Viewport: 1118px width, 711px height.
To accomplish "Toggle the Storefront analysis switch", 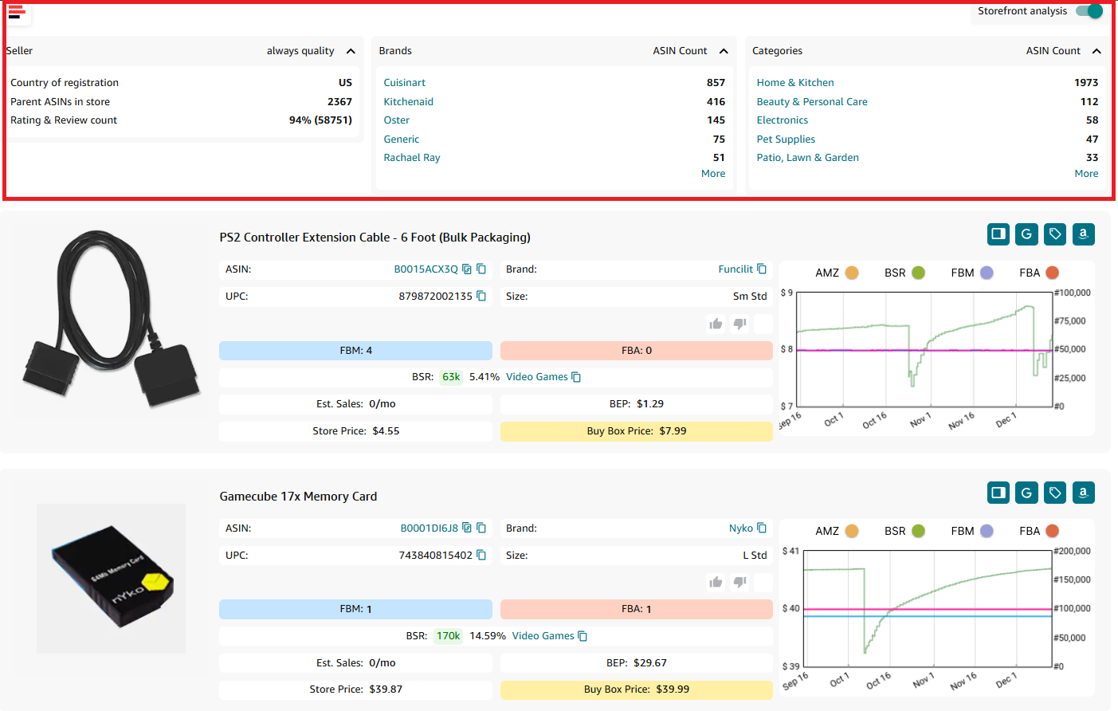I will click(1089, 11).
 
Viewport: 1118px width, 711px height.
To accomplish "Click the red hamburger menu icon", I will click(16, 11).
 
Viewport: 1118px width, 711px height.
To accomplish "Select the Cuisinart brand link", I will click(404, 83).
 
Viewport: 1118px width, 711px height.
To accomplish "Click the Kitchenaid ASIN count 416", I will click(716, 102).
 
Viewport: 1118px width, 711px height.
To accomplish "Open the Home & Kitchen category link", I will click(794, 83).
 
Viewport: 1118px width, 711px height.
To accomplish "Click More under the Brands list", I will click(712, 174).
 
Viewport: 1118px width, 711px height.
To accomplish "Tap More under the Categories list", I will click(1085, 174).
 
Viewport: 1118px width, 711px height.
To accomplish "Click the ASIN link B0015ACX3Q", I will click(426, 269).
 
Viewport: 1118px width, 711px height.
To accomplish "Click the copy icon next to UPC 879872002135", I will click(481, 297).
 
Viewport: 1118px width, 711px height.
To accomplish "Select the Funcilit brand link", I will click(735, 269).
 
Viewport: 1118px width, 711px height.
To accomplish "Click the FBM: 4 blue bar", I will click(355, 351).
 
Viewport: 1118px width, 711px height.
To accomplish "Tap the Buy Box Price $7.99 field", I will click(636, 431).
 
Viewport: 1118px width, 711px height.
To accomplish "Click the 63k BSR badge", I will click(451, 377).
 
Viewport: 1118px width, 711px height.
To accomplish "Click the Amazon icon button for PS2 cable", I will click(1083, 234).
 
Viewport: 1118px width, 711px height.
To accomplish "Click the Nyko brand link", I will click(740, 528).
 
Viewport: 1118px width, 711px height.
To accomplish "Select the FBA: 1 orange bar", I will click(636, 609).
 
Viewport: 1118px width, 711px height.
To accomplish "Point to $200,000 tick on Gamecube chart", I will click(1071, 552).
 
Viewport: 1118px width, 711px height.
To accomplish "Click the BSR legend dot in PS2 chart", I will click(918, 273).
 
